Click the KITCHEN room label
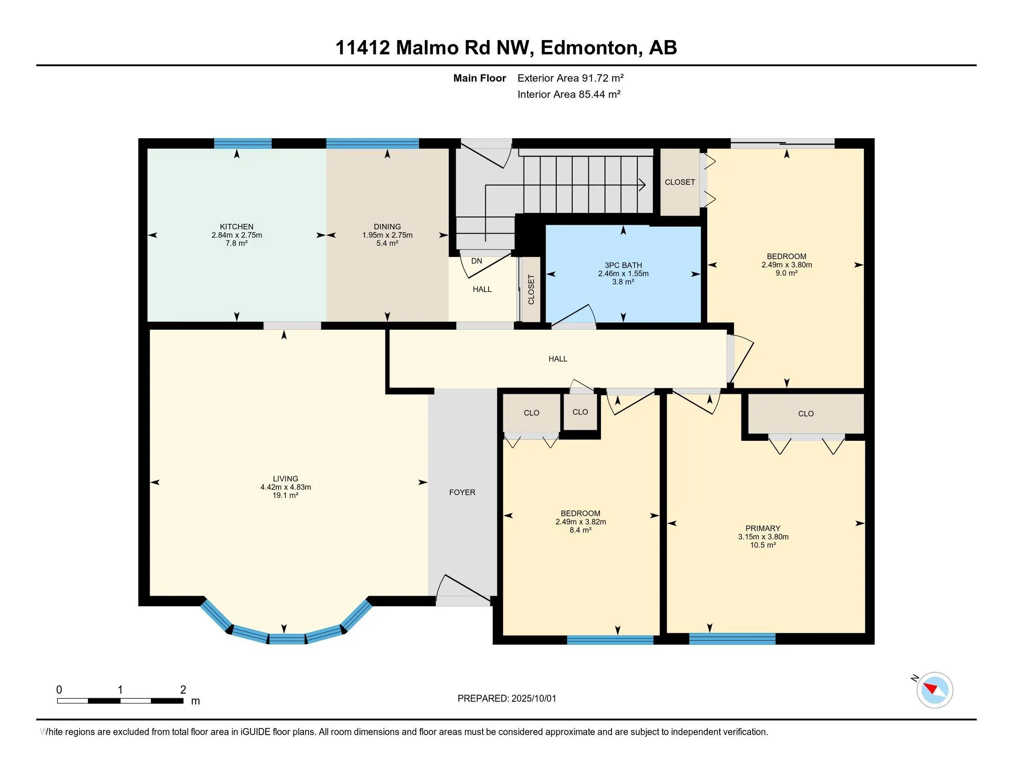pos(237,227)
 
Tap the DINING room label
pos(387,227)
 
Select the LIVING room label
pos(285,479)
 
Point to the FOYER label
pos(462,492)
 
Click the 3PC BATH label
pos(623,265)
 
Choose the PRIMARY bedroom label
pos(763,528)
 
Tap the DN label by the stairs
pos(477,261)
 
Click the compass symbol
pos(934,690)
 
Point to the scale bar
pos(120,701)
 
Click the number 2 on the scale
pos(183,690)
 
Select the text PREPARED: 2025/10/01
pos(506,699)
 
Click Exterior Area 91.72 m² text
pos(571,78)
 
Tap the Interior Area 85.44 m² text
pos(569,94)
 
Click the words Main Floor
pos(480,78)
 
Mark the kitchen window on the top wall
pos(243,143)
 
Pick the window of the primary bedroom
pos(732,639)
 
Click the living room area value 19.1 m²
pos(285,496)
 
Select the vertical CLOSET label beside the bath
pos(531,289)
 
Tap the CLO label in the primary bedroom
pos(806,414)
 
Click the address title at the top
pos(506,47)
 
